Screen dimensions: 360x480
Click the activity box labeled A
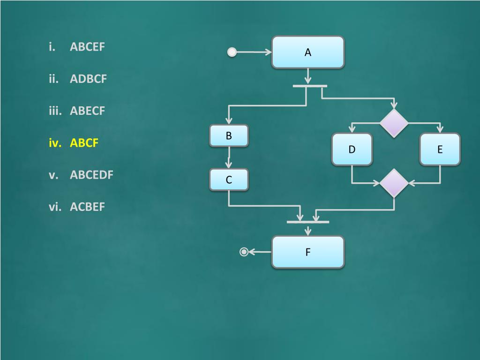click(x=308, y=52)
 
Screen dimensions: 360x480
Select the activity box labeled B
click(x=229, y=136)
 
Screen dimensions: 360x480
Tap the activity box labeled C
click(x=229, y=180)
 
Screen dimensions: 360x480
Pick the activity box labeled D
click(x=352, y=149)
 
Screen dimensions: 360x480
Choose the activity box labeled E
click(x=440, y=149)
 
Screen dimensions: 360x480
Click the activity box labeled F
click(x=308, y=252)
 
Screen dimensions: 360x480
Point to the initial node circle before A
click(x=232, y=52)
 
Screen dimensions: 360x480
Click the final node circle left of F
click(x=244, y=252)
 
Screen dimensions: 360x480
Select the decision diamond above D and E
click(x=394, y=123)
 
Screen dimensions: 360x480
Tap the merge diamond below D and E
click(x=394, y=183)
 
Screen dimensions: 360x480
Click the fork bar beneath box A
click(x=309, y=86)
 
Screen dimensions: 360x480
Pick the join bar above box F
click(x=308, y=222)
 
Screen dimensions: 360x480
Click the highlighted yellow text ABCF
click(x=84, y=143)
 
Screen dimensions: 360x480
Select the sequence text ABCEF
click(x=88, y=47)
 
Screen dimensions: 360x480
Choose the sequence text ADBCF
click(x=89, y=79)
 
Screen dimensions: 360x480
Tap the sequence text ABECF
click(x=88, y=111)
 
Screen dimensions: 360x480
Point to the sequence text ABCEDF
click(x=92, y=175)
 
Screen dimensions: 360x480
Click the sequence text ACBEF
click(x=88, y=207)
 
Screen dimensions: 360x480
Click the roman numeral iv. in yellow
click(x=55, y=143)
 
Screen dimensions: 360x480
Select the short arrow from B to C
click(x=229, y=157)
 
